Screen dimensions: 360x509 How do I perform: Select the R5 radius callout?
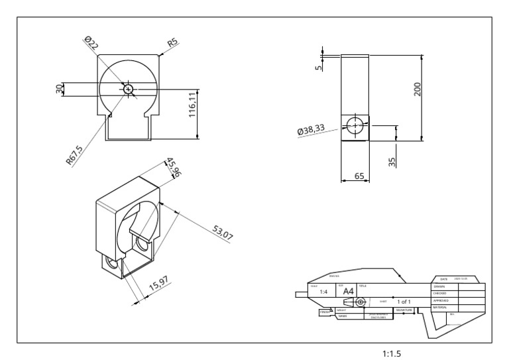click(173, 43)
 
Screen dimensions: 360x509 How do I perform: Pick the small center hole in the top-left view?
click(127, 89)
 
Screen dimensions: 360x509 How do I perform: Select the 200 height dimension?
click(417, 90)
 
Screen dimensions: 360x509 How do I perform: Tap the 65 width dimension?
click(359, 176)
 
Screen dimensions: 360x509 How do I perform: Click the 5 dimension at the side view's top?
click(318, 65)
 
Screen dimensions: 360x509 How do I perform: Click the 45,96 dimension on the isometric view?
click(174, 167)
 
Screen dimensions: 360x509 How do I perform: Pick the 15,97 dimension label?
click(160, 286)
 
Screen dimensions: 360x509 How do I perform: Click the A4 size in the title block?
click(347, 292)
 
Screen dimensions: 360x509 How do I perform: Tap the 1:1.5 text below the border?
click(392, 353)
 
